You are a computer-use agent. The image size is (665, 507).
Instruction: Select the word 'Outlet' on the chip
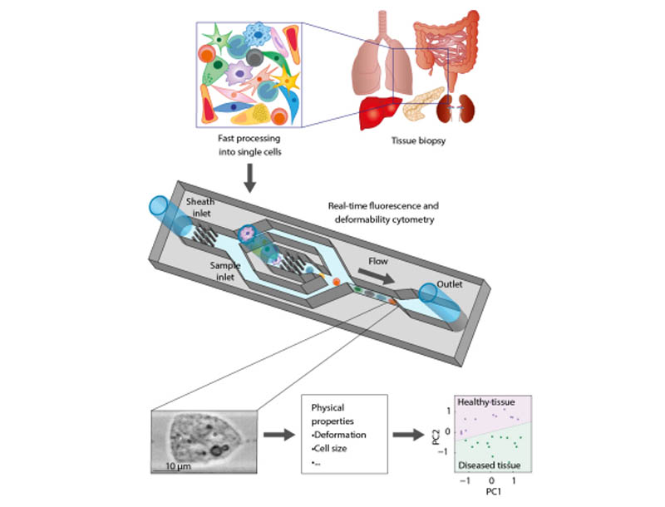click(471, 282)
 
